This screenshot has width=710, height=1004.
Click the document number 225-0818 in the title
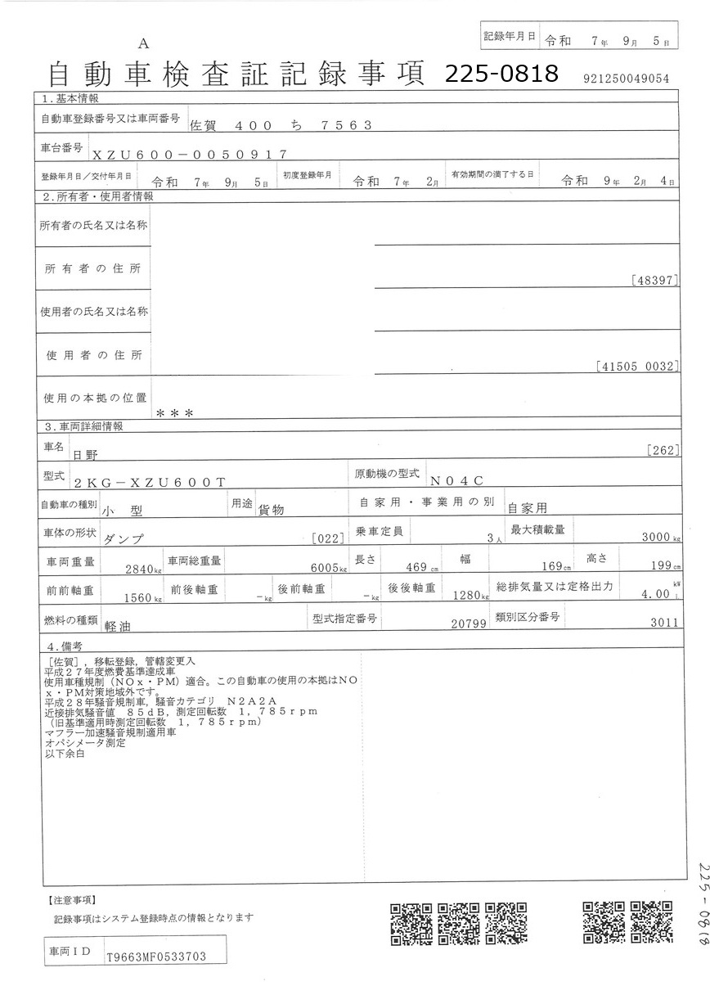tap(501, 74)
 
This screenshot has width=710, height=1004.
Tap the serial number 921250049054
tap(627, 79)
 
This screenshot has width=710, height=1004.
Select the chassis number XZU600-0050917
tap(189, 154)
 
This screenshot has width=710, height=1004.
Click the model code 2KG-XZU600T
tap(149, 483)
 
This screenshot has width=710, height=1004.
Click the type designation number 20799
tap(469, 624)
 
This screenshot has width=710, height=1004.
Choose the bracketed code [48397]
tap(654, 281)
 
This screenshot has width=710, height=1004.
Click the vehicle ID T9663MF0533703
tap(155, 956)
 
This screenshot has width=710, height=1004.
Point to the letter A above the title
tap(144, 43)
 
